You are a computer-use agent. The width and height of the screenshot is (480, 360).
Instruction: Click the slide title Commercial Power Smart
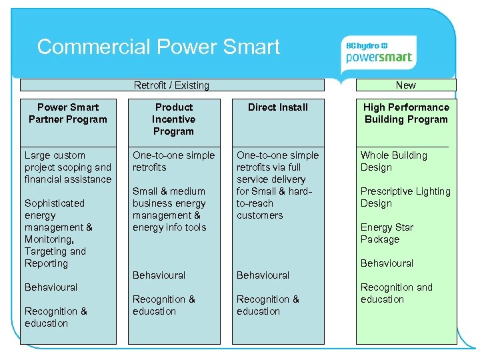[159, 47]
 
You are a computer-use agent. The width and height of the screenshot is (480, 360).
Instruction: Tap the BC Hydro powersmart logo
[378, 52]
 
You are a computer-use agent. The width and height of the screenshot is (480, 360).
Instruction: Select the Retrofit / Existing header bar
[171, 85]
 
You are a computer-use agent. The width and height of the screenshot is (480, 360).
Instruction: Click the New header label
[405, 85]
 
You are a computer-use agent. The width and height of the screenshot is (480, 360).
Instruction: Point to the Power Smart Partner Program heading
[68, 113]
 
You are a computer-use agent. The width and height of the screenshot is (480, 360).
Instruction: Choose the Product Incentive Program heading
[173, 119]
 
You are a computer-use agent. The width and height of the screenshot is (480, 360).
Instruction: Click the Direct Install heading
[278, 107]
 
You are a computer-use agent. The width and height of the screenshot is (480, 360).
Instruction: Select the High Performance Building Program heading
[406, 113]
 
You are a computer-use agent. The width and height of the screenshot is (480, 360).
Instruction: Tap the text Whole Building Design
[394, 161]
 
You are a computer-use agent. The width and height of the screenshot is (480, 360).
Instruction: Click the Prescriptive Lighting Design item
[405, 197]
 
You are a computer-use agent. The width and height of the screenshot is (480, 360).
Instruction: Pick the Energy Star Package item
[387, 233]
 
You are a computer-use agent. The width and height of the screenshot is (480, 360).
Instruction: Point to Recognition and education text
[397, 293]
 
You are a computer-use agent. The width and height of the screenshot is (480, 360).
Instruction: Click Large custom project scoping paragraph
[68, 167]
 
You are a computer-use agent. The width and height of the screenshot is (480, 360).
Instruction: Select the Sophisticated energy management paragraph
[59, 233]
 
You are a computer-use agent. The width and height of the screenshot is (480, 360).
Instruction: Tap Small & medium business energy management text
[169, 209]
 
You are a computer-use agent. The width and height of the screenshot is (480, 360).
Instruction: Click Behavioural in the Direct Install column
[263, 275]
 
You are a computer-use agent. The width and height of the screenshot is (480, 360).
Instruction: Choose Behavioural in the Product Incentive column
[159, 275]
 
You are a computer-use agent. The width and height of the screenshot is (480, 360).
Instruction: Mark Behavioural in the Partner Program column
[51, 287]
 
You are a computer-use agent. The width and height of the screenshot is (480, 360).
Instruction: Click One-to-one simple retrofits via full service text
[278, 185]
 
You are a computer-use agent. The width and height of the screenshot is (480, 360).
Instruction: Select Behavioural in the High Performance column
[387, 263]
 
